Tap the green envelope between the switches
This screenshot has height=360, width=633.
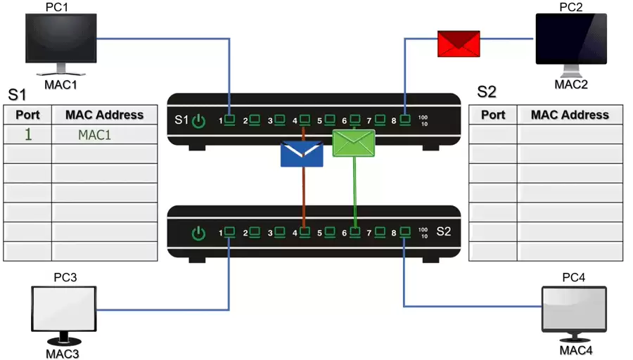(353, 143)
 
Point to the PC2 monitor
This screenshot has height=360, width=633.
(570, 41)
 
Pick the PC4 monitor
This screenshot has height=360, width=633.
(575, 309)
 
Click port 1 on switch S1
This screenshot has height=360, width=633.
(229, 120)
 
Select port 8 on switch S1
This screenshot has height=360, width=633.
(405, 120)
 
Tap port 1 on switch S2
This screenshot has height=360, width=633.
(229, 231)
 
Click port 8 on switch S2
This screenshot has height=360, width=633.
(405, 231)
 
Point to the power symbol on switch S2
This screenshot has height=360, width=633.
(199, 233)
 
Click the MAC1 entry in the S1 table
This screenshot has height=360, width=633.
(94, 134)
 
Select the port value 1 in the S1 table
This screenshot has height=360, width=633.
(28, 134)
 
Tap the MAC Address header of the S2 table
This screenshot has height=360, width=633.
(570, 115)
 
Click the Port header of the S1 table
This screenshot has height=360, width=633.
(27, 115)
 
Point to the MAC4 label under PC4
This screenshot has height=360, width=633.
(575, 349)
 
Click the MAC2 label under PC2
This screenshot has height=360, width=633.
(570, 85)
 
